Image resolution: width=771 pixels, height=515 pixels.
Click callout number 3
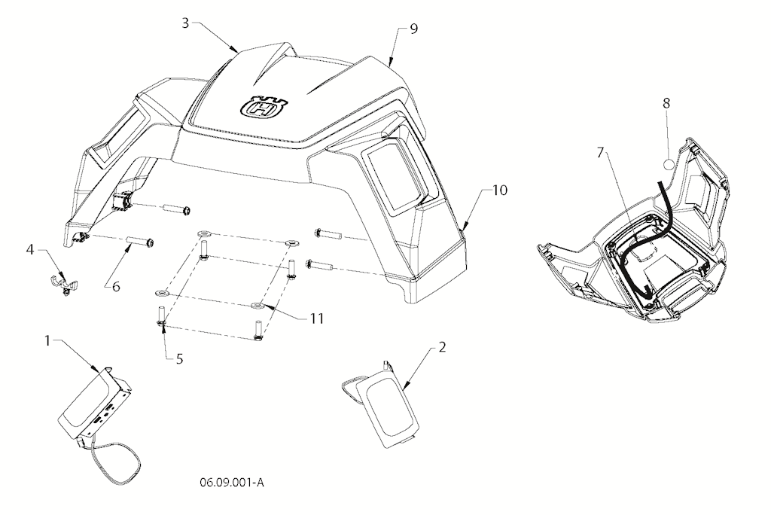click(x=185, y=23)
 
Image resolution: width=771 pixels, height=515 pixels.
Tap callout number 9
click(x=413, y=29)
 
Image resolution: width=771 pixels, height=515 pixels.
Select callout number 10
click(x=500, y=190)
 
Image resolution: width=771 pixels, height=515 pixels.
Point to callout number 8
click(x=666, y=103)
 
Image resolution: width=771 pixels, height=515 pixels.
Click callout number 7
click(x=599, y=153)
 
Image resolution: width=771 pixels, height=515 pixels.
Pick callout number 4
click(x=30, y=249)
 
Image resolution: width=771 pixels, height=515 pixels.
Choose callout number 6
click(x=116, y=286)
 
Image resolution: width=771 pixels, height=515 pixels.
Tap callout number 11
click(x=317, y=318)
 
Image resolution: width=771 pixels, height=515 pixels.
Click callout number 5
click(x=179, y=359)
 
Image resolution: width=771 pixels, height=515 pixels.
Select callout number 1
click(x=47, y=340)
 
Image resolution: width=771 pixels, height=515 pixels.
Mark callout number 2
click(x=442, y=347)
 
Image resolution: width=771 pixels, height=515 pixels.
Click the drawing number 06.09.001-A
click(x=232, y=483)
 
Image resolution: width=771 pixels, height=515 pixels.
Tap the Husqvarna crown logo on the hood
click(x=263, y=105)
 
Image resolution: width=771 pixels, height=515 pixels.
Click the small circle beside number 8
click(x=669, y=164)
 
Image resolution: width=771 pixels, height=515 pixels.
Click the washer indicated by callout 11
click(x=258, y=306)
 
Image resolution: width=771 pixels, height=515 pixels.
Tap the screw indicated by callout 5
click(x=161, y=315)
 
